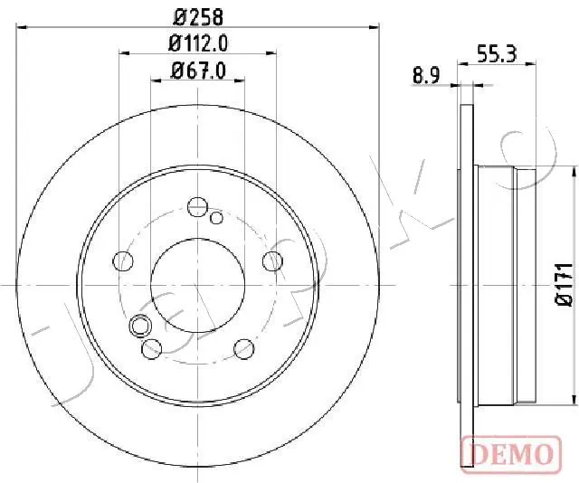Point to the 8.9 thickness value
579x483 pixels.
coord(426,77)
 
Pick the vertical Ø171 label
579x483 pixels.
coord(564,283)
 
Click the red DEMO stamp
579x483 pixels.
coord(507,452)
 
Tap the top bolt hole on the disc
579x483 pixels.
coord(197,206)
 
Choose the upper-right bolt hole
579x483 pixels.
coord(271,261)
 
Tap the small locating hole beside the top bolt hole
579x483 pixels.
coord(216,217)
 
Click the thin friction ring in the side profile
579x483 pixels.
coord(467,283)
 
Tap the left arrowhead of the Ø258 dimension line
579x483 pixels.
coord(23,26)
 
